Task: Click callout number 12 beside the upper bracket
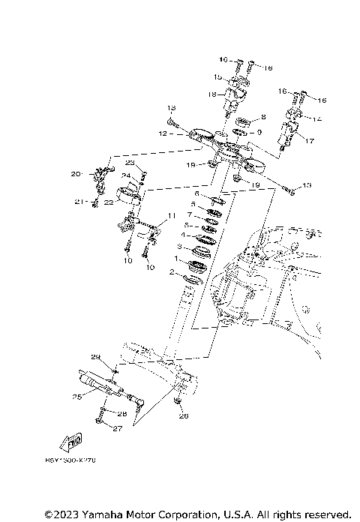click(162, 134)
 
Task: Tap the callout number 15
click(216, 77)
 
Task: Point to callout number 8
click(263, 118)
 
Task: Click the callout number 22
click(108, 202)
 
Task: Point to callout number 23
click(129, 163)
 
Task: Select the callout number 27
click(116, 429)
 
